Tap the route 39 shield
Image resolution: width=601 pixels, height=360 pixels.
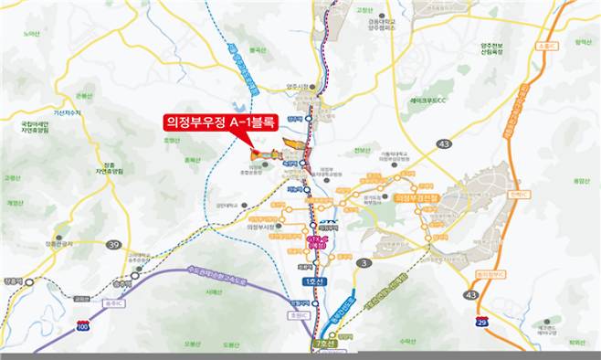pos(113,245)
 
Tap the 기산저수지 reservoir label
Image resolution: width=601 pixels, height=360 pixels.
pos(67,112)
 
